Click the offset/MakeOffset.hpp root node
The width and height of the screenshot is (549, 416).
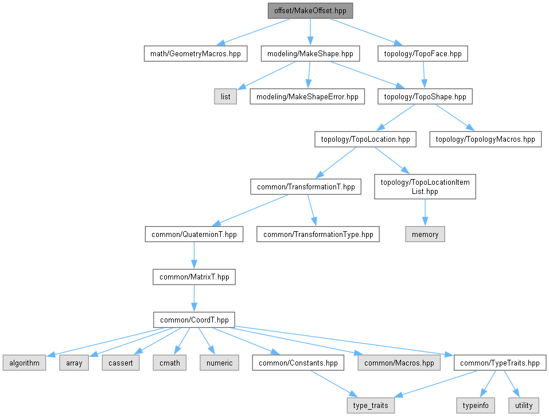tap(310, 11)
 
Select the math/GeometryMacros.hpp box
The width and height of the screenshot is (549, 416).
tap(195, 54)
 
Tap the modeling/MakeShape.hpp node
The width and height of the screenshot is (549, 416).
tap(310, 54)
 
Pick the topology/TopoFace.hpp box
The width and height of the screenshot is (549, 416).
tap(423, 54)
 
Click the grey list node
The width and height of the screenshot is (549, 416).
tap(225, 96)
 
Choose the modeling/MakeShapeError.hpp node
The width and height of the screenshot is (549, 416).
tap(307, 96)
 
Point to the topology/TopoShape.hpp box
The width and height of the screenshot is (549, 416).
tap(425, 96)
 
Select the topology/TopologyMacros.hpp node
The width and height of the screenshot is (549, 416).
tap(485, 139)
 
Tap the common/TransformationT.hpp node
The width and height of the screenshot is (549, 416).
tap(306, 186)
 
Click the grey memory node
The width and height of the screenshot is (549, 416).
tap(425, 234)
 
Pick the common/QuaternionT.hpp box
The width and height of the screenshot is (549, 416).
tap(194, 234)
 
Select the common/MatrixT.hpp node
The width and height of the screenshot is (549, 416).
tap(194, 277)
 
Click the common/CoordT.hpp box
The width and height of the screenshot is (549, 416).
tap(194, 320)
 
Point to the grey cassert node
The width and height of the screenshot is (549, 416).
tap(120, 363)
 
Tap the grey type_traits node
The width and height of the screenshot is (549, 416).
tap(371, 405)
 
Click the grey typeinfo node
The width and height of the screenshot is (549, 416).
tap(475, 405)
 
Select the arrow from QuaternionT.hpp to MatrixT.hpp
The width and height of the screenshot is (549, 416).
tap(194, 255)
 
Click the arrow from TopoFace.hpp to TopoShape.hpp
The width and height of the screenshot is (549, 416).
tap(423, 75)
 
